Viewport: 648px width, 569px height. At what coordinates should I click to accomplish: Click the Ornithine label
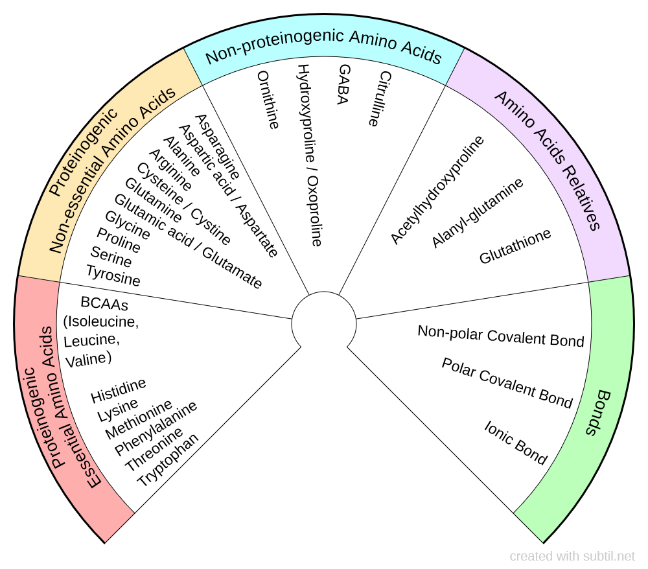pos(268,100)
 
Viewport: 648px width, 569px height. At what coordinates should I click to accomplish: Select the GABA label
pos(343,84)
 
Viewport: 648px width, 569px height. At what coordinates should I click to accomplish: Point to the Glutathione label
pos(515,246)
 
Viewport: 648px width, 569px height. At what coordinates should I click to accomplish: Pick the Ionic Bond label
pos(516,443)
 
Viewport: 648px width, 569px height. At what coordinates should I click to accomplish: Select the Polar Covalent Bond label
pos(507,383)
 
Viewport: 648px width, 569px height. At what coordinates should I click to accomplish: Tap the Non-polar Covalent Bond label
pos(500,336)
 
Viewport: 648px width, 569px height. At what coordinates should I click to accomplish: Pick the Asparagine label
pos(217,146)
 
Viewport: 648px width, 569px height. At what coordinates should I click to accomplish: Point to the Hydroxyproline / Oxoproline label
pos(309,155)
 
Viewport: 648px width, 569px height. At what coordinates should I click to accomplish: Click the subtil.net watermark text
pos(572,556)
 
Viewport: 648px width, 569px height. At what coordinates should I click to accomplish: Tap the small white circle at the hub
pos(323,322)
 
